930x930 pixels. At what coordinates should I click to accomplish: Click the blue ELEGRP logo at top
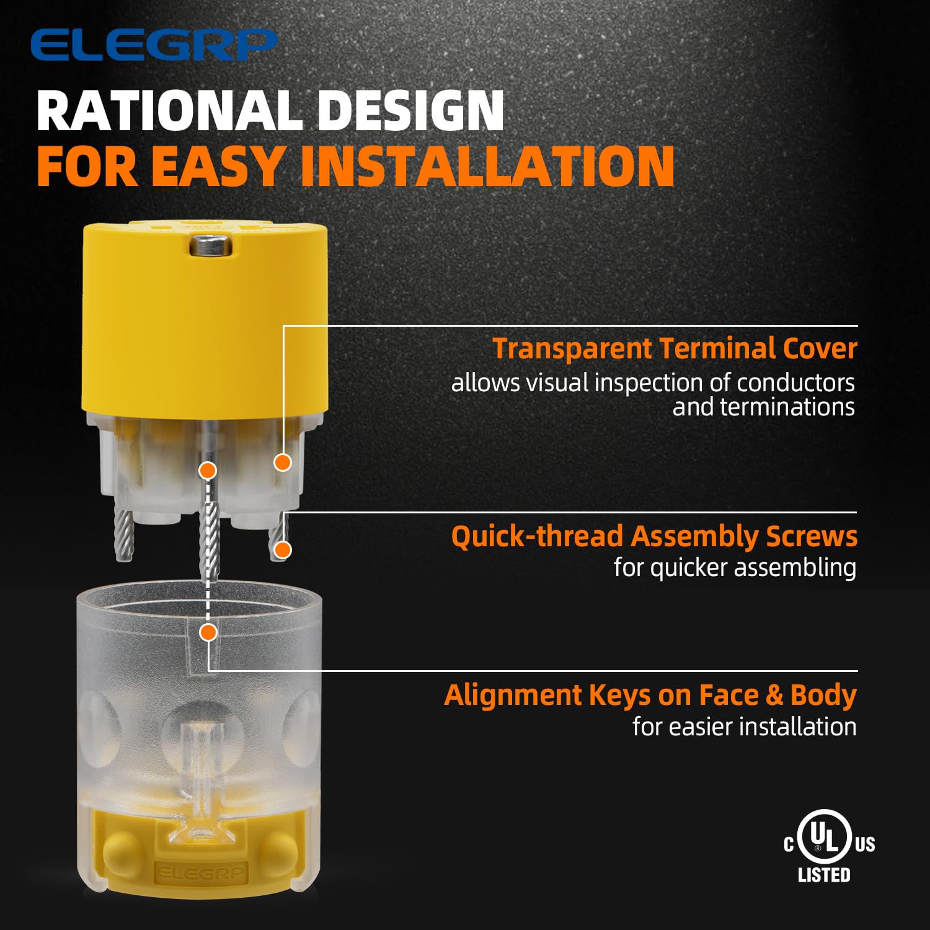pos(153,45)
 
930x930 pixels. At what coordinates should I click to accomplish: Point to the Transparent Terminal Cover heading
pos(675,348)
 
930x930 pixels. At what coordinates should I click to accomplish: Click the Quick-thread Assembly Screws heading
pos(654,536)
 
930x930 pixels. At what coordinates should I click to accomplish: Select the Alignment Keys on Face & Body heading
pos(650,695)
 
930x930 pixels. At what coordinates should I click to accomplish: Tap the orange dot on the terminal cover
pos(283,462)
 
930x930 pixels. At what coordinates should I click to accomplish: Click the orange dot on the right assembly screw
pos(283,549)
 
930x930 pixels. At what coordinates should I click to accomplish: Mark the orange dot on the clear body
pos(208,632)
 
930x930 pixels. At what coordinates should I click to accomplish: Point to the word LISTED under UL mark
pos(824,875)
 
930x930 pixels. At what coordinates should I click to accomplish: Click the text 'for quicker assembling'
pos(735,567)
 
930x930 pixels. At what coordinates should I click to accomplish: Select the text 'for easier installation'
pos(745,727)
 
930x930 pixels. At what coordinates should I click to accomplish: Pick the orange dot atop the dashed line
pos(208,471)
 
